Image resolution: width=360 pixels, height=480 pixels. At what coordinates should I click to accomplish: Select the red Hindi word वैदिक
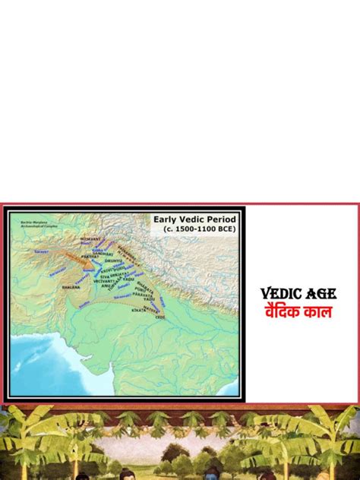click(282, 311)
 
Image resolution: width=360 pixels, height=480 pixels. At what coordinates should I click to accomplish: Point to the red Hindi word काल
click(318, 311)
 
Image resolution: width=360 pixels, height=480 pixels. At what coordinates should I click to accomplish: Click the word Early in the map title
click(165, 219)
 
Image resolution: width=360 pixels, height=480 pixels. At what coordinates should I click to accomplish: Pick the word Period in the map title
click(219, 219)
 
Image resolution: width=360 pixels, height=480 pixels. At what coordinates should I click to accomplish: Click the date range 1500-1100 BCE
click(199, 230)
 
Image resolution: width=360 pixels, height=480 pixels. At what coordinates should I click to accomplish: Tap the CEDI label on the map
click(160, 317)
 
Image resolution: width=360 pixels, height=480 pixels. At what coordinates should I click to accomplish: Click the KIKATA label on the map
click(139, 311)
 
